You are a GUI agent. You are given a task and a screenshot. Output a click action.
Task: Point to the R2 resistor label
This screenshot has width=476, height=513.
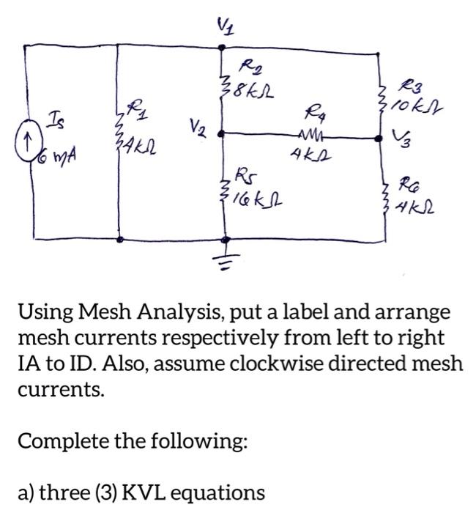(x=253, y=69)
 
